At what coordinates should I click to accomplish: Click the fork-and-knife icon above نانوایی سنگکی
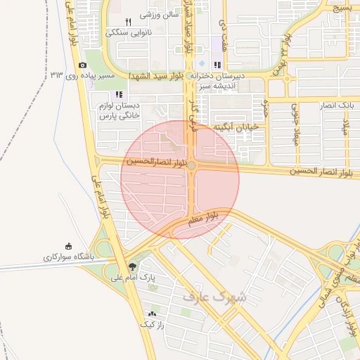tap(127, 22)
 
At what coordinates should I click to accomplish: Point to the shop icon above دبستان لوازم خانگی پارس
tap(119, 94)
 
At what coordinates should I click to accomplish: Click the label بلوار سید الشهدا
tap(157, 75)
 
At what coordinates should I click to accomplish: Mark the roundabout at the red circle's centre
tap(191, 165)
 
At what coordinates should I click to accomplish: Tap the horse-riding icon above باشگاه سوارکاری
tap(68, 246)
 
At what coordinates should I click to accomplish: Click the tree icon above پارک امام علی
tap(132, 266)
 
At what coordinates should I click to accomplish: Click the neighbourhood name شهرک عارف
tap(215, 297)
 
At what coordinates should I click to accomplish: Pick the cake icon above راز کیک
tap(152, 314)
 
